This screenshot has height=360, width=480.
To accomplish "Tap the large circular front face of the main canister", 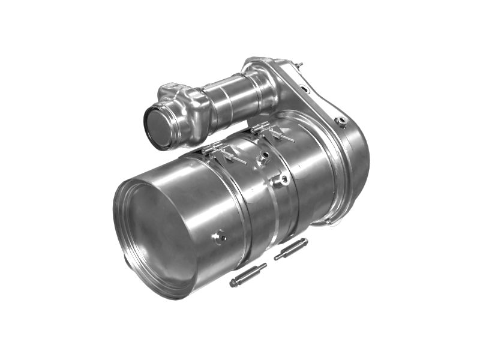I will pyautogui.click(x=157, y=234).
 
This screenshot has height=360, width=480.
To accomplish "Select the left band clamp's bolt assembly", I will pyautogui.click(x=222, y=152).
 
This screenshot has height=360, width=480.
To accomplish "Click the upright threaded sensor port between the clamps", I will pyautogui.click(x=262, y=158).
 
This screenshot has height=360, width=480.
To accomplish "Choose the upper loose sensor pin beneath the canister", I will pyautogui.click(x=291, y=248).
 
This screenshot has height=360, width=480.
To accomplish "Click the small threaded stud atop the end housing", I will pyautogui.click(x=299, y=64).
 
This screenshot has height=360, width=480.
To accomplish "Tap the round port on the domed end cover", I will pyautogui.click(x=342, y=121).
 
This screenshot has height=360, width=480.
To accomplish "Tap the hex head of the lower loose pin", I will pyautogui.click(x=235, y=283).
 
